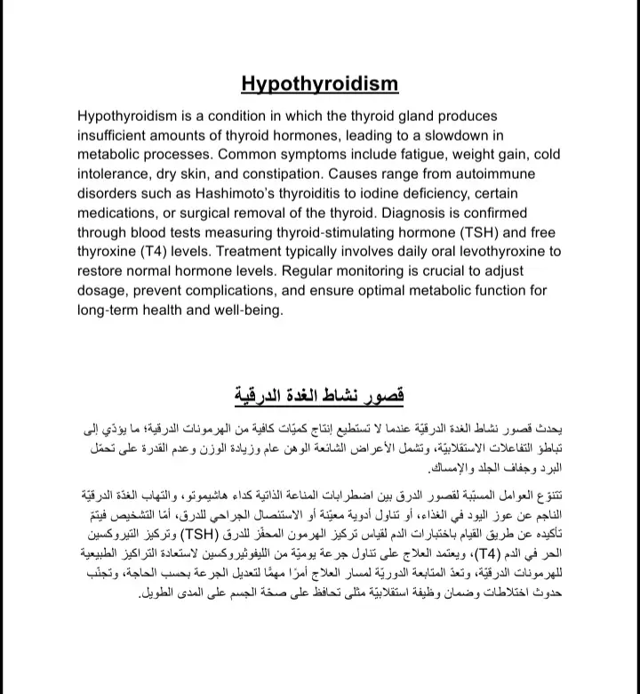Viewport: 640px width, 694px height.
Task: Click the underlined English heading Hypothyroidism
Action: coord(319,85)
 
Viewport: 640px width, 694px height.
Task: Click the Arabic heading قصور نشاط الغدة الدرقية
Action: coord(319,395)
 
